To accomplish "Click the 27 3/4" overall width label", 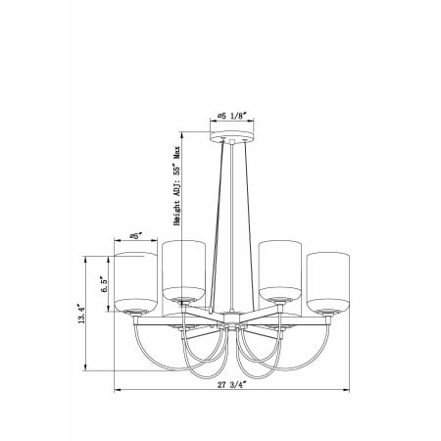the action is (231, 385).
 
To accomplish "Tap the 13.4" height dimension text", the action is (81, 314).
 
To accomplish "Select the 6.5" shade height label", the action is (104, 285).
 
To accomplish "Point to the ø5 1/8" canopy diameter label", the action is (231, 116).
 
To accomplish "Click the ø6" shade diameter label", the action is (136, 236).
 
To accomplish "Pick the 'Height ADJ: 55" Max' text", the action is (176, 185).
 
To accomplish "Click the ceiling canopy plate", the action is (231, 136).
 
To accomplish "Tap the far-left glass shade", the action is (135, 282).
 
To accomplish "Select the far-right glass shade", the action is (328, 282).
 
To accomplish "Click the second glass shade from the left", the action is (183, 271).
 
